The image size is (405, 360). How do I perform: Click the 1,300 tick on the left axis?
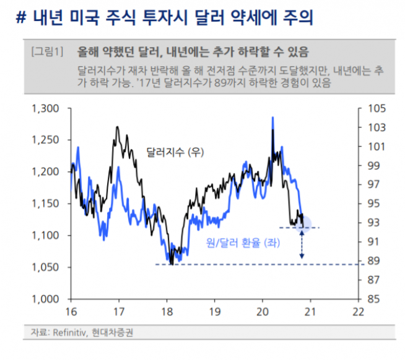click(45, 109)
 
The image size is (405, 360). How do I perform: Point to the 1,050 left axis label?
click(45, 267)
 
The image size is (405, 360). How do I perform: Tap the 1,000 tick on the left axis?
click(45, 299)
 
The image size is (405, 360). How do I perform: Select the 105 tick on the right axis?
click(376, 109)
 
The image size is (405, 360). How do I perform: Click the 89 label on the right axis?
click(373, 261)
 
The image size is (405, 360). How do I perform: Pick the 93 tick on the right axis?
click(373, 223)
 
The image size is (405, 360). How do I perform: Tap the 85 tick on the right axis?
click(373, 299)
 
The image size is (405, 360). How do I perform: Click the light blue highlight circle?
click(303, 226)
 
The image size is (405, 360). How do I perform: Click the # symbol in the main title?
click(20, 18)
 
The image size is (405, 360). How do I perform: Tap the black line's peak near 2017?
click(117, 127)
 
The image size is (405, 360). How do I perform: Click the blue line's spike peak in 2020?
click(272, 118)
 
